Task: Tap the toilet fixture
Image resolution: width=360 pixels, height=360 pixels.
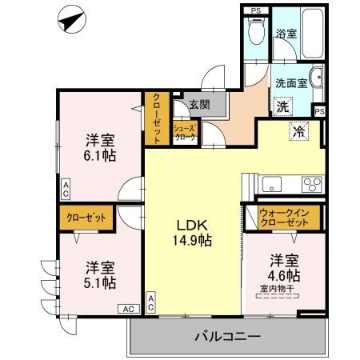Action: click(x=257, y=34)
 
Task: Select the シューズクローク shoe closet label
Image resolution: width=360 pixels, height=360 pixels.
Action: click(x=184, y=132)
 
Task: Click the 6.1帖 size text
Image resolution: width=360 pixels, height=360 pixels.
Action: click(x=101, y=154)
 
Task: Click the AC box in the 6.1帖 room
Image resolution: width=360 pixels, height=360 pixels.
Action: click(x=66, y=190)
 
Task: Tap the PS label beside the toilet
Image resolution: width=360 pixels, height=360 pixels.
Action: click(x=255, y=10)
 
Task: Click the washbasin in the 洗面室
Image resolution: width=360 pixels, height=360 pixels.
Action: click(x=314, y=79)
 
